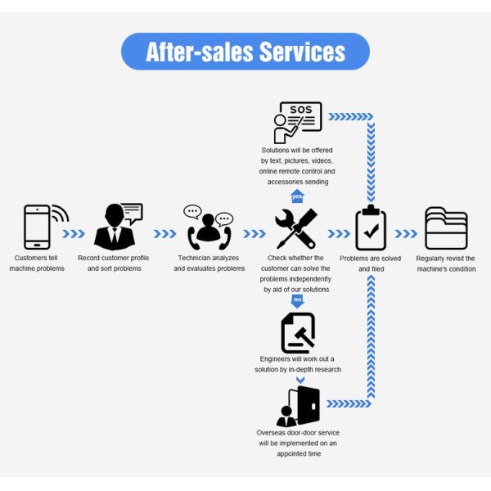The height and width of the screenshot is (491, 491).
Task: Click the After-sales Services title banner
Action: (x=245, y=52)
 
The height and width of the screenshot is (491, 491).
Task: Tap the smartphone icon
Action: (x=38, y=227)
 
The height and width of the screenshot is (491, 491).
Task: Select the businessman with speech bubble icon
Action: (x=116, y=227)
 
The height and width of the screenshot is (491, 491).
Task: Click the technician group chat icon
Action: (x=209, y=227)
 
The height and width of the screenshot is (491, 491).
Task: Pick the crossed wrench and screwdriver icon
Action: (x=295, y=228)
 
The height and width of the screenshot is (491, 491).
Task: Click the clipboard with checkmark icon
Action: (x=371, y=228)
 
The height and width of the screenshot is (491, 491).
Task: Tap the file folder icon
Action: (x=446, y=228)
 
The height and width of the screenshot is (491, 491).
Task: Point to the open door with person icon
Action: (x=299, y=406)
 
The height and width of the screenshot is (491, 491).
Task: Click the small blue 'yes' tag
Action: (x=297, y=196)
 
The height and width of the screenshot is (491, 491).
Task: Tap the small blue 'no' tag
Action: (x=297, y=301)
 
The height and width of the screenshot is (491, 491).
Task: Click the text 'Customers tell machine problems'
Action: (x=37, y=264)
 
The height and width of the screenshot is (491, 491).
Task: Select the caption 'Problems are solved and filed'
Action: (x=371, y=264)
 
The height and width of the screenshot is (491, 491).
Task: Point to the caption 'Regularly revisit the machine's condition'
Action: (x=446, y=264)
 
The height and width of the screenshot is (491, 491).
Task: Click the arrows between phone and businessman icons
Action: (x=74, y=233)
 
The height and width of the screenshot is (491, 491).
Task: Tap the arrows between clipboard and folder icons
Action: (x=407, y=233)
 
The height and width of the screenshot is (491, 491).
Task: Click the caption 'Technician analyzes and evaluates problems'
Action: (x=209, y=264)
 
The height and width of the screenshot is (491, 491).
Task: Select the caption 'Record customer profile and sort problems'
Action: (x=115, y=264)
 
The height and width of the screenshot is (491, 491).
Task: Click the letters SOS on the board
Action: (x=301, y=110)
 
